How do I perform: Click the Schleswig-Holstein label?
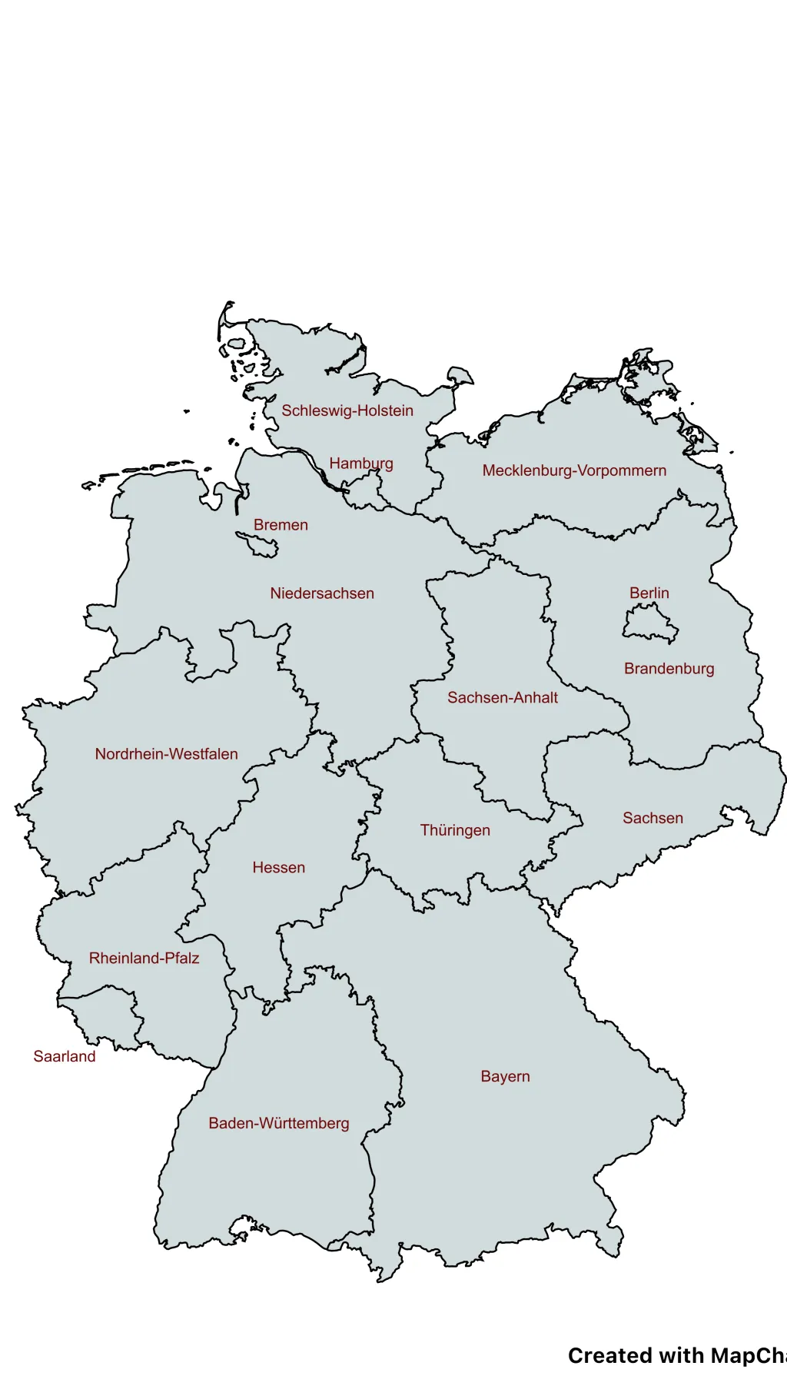347,410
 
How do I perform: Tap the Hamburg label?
361,464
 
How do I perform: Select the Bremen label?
281,525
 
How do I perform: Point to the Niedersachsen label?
322,593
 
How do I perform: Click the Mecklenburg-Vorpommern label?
574,470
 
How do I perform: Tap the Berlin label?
649,593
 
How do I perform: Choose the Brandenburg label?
669,669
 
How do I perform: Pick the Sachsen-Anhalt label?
503,698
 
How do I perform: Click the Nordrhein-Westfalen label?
166,754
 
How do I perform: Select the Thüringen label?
455,830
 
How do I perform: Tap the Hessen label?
279,868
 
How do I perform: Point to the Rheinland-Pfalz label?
144,959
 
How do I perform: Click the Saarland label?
65,1057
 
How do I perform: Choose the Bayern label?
505,1076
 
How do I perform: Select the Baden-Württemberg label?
279,1124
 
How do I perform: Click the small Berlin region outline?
650,623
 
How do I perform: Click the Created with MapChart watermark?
676,1356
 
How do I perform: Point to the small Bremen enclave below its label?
258,544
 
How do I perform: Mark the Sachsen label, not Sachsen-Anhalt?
653,819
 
